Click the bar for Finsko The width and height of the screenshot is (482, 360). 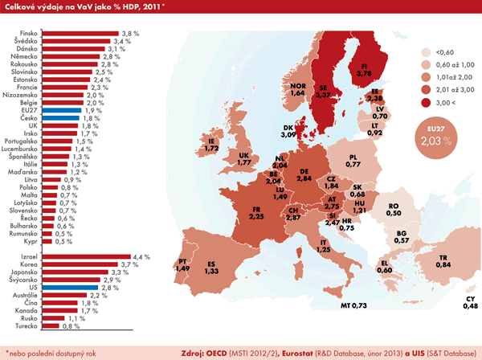coord(80,34)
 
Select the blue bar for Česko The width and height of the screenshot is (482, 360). coord(59,118)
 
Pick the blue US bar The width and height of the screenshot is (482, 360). coord(69,285)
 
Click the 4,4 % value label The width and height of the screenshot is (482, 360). coord(142,256)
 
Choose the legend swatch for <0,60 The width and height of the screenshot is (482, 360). coord(418,50)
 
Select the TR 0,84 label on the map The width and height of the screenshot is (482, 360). coord(441,260)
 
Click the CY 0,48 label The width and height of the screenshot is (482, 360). coord(469,301)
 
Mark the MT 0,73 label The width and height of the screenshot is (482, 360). coord(353,305)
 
